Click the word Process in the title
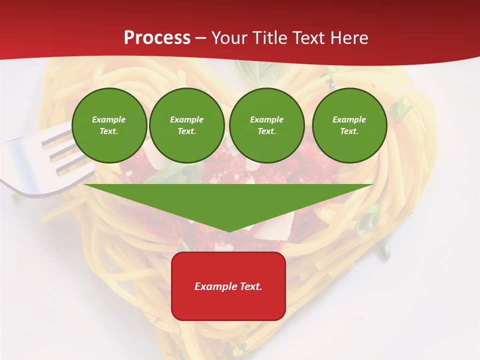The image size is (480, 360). (x=157, y=38)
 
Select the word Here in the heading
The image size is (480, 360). (x=348, y=38)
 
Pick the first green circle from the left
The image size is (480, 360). (x=109, y=125)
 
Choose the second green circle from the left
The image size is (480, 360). (x=187, y=125)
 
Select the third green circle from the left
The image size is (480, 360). (x=266, y=125)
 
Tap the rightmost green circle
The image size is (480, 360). (x=349, y=125)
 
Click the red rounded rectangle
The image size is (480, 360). (x=228, y=286)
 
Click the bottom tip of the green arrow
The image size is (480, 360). (x=228, y=230)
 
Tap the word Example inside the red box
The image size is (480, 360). (x=213, y=286)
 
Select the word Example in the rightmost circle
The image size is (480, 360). (x=349, y=119)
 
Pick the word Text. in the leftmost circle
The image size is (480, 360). (x=109, y=131)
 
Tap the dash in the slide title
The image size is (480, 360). (x=200, y=38)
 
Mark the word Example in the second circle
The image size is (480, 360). (x=187, y=119)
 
